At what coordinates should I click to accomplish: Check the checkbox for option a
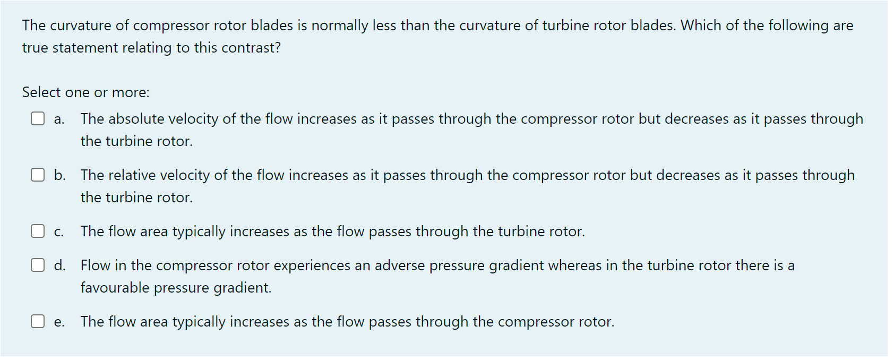[37, 118]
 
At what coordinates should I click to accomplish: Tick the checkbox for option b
[37, 175]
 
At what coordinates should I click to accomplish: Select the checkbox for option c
[37, 231]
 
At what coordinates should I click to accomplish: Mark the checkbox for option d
[37, 265]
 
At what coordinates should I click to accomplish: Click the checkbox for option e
[37, 321]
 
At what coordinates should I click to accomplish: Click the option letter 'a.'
[59, 119]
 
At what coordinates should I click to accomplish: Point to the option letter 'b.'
[59, 175]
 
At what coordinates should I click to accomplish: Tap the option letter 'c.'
[59, 232]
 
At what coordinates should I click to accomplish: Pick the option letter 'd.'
[59, 265]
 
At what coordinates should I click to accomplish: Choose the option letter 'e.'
[59, 322]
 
